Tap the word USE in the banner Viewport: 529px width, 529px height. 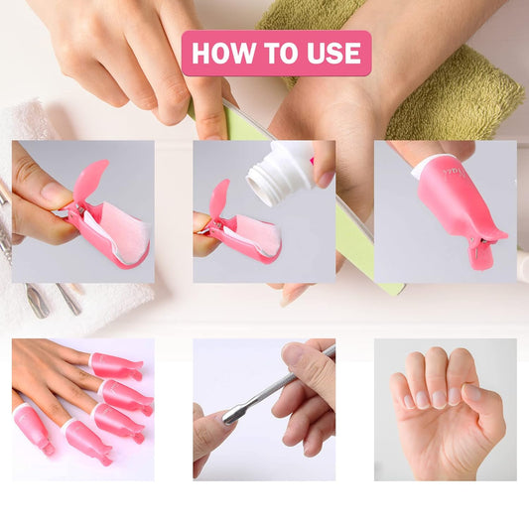333,53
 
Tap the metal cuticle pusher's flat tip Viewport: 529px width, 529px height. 229,415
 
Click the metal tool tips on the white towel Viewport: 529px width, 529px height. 54,301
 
